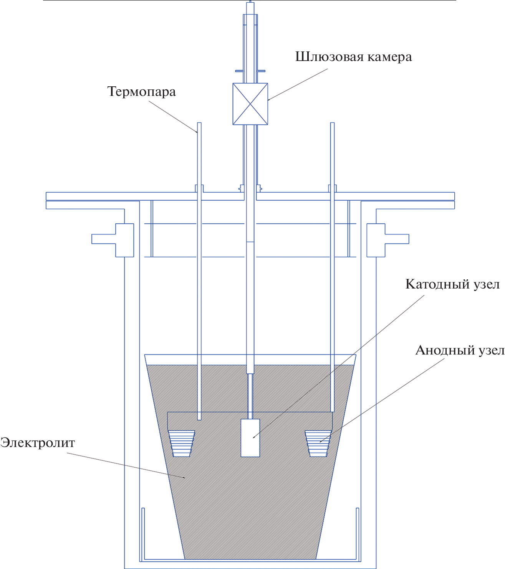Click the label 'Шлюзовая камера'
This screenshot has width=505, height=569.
click(x=353, y=57)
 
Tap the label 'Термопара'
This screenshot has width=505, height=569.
click(x=141, y=92)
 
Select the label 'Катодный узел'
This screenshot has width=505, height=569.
click(x=452, y=284)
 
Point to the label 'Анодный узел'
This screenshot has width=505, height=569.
click(x=460, y=350)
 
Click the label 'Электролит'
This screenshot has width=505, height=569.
click(x=38, y=443)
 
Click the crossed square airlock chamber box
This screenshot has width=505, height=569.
click(x=250, y=104)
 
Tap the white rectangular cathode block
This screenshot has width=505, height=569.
click(x=250, y=438)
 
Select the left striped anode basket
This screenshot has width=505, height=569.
click(x=181, y=443)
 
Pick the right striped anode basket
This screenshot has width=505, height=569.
click(x=318, y=443)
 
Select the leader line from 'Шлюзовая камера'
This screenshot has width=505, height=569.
click(x=298, y=84)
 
